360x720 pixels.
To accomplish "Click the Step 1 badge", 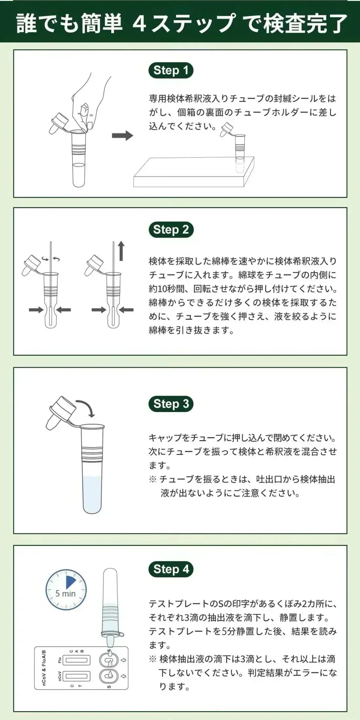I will pyautogui.click(x=171, y=70).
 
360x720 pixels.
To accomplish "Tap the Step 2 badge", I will pyautogui.click(x=171, y=230).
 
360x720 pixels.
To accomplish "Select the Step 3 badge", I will pyautogui.click(x=171, y=404).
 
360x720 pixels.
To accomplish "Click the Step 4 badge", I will pyautogui.click(x=171, y=569).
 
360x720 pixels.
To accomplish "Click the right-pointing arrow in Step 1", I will pyautogui.click(x=122, y=135).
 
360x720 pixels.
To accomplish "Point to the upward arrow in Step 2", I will pyautogui.click(x=121, y=251).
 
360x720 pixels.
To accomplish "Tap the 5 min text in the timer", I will pyautogui.click(x=65, y=594).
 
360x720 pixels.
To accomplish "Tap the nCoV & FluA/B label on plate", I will pyautogui.click(x=44, y=668).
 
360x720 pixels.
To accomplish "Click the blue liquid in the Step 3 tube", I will pyautogui.click(x=92, y=494).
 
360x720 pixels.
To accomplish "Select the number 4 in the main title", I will pyautogui.click(x=140, y=24).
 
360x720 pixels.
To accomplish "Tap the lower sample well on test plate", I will pyautogui.click(x=109, y=675).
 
